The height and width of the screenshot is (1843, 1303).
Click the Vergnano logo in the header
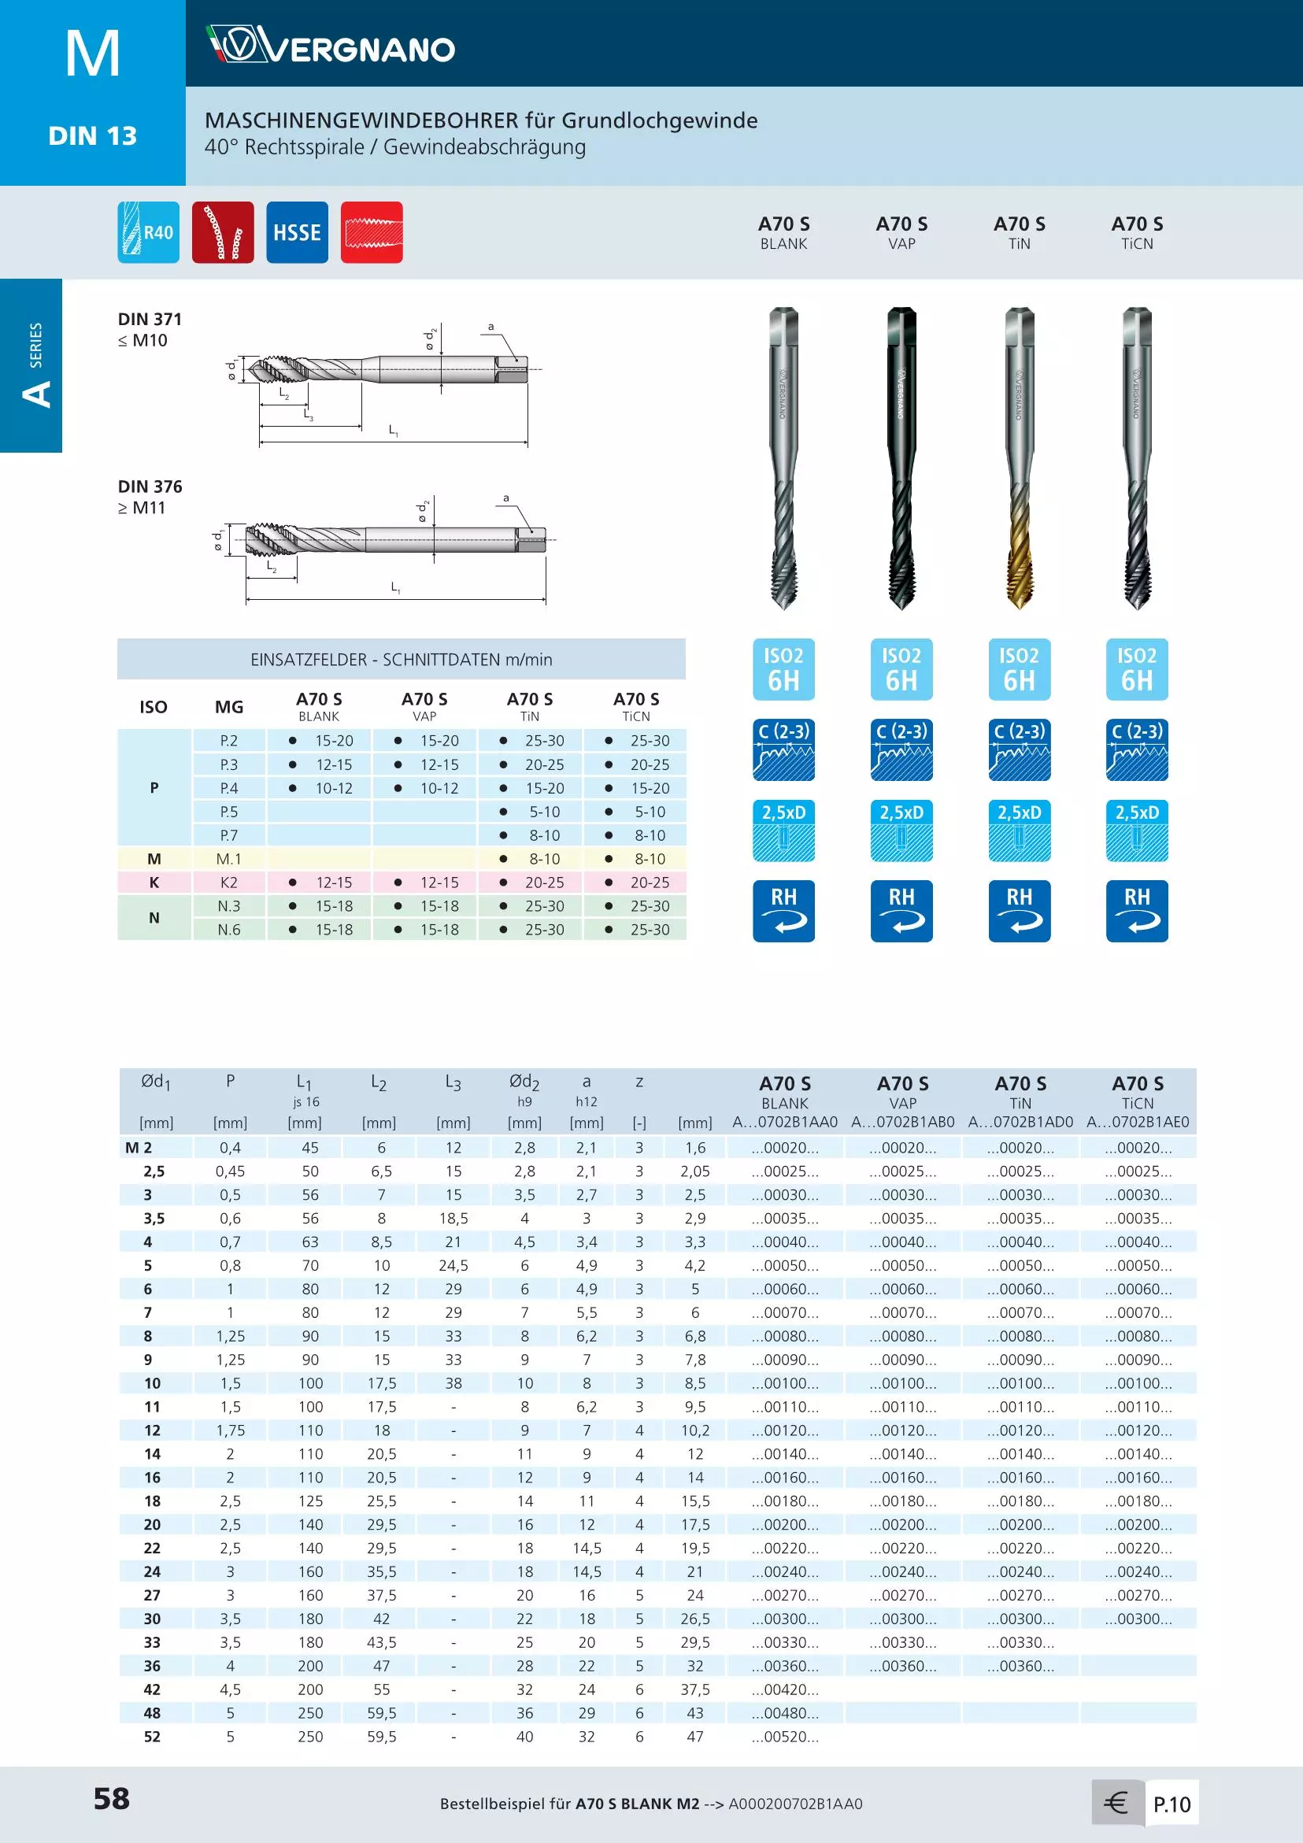click(x=330, y=45)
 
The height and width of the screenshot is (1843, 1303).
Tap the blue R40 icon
click(x=149, y=233)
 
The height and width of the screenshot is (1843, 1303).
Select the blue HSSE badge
click(x=297, y=233)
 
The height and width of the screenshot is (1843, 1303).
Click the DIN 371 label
click(x=150, y=320)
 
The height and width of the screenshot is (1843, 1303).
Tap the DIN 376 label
click(x=150, y=487)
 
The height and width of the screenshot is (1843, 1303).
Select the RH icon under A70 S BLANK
click(x=783, y=911)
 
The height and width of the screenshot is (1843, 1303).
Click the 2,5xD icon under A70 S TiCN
click(x=1137, y=831)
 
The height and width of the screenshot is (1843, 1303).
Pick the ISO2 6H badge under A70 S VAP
click(x=901, y=669)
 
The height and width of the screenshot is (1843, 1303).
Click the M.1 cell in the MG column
click(x=229, y=859)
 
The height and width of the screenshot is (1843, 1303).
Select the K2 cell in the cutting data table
click(x=229, y=883)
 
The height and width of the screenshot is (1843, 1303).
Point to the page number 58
click(x=112, y=1799)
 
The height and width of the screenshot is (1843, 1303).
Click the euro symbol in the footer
click(x=1116, y=1803)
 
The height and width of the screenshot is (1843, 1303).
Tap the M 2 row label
click(x=139, y=1148)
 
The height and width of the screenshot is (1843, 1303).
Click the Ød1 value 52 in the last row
click(x=152, y=1736)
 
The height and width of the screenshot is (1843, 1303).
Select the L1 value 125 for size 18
click(x=310, y=1501)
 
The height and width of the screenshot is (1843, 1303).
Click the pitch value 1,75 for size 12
click(x=231, y=1430)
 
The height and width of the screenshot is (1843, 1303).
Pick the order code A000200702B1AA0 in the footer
click(x=795, y=1804)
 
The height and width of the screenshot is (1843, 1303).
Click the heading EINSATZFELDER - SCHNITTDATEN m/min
click(x=402, y=660)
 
